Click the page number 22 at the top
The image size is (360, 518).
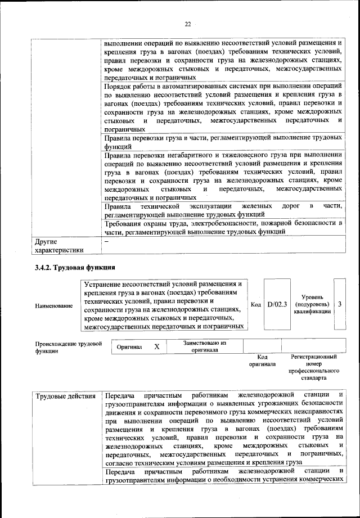pyautogui.click(x=187, y=24)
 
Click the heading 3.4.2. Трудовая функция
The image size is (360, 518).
pyautogui.click(x=75, y=267)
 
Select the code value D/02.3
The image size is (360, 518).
pyautogui.click(x=277, y=304)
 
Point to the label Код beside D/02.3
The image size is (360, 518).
pyautogui.click(x=255, y=305)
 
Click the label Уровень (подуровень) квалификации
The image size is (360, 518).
pyautogui.click(x=312, y=304)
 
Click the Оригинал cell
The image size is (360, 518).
pyautogui.click(x=129, y=347)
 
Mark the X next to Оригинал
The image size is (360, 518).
pyautogui.click(x=157, y=347)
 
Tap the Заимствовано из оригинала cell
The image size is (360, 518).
pyautogui.click(x=204, y=346)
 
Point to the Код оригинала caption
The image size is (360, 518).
pyautogui.click(x=262, y=360)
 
